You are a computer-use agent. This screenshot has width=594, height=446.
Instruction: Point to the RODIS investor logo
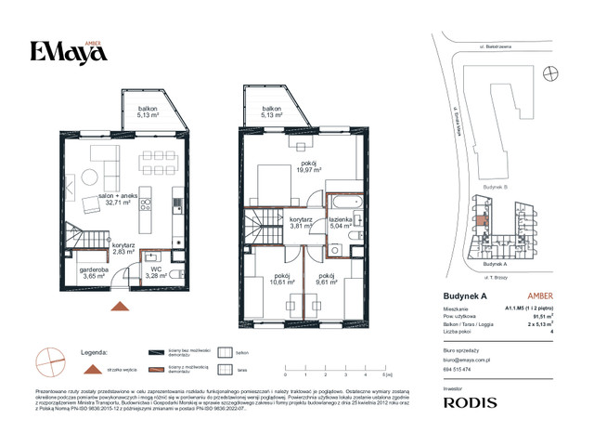coord(469,402)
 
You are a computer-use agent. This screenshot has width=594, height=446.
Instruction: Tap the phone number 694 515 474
coord(454,370)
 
